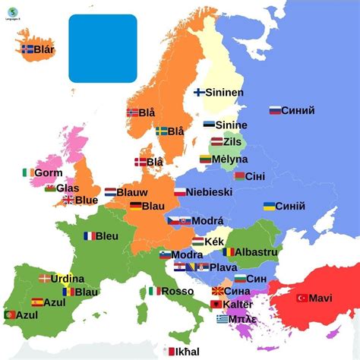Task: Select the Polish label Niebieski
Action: (210, 192)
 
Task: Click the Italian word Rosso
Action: (177, 291)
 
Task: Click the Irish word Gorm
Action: (49, 172)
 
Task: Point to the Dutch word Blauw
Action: (134, 193)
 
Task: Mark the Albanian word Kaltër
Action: (238, 304)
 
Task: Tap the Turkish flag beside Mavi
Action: (302, 298)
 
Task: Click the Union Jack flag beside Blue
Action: (68, 200)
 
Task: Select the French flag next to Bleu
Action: (90, 235)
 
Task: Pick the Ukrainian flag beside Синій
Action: (269, 206)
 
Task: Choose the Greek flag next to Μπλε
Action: (222, 319)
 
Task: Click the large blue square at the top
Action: (103, 47)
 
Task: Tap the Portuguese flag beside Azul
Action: (10, 314)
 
